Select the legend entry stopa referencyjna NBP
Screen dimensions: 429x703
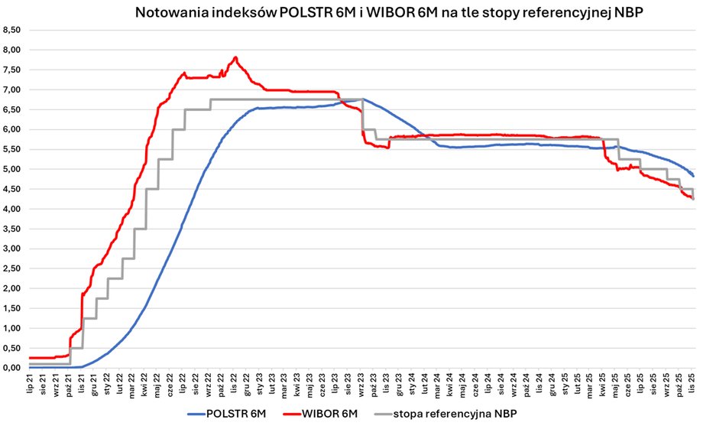point(458,414)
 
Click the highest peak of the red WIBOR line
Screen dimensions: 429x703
point(235,57)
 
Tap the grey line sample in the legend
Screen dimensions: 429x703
point(377,414)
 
